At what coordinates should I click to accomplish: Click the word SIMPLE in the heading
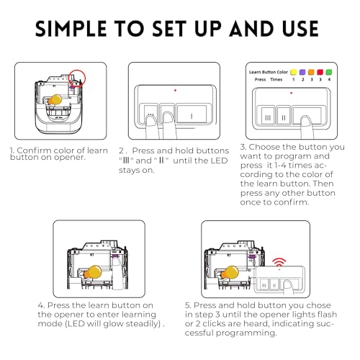71,29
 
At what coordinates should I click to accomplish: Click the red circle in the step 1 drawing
77,78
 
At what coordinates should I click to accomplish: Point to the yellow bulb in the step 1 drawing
55,99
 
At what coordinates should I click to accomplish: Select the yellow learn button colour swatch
294,72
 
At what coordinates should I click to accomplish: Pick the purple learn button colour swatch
302,72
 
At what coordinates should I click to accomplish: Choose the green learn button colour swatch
329,72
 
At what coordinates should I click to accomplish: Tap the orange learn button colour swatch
311,72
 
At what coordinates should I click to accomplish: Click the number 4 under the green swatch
329,79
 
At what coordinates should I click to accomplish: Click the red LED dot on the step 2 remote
175,90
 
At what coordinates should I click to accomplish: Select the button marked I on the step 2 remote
192,114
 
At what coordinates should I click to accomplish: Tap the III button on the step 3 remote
268,115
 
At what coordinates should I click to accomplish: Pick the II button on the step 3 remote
284,115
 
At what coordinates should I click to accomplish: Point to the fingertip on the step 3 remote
306,120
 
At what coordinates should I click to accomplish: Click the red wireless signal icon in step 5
279,263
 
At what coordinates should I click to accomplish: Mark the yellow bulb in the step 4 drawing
94,272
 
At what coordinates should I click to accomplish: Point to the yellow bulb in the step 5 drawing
230,272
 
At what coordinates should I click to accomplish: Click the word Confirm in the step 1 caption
33,150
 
